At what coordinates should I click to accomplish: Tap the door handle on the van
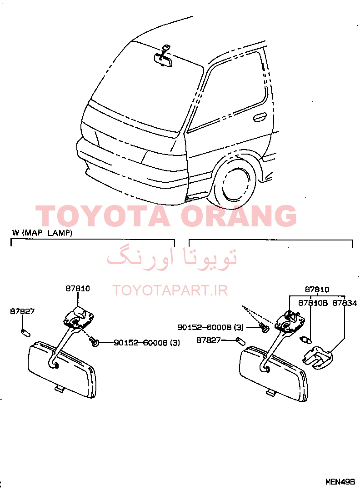[260, 117]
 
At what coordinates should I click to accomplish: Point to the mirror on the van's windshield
[163, 60]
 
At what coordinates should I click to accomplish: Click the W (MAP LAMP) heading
[43, 233]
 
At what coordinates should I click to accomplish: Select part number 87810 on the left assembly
[77, 289]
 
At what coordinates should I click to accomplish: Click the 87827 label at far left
[23, 311]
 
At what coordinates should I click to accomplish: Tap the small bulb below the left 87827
[25, 333]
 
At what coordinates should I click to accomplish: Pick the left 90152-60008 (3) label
[146, 343]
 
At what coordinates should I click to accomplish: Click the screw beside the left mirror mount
[94, 341]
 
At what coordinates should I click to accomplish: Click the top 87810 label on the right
[317, 290]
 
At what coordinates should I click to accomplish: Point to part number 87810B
[313, 303]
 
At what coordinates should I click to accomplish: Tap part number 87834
[345, 303]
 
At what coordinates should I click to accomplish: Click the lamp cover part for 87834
[317, 357]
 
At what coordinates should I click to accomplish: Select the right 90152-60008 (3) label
[210, 327]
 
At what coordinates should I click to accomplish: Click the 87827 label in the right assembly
[209, 340]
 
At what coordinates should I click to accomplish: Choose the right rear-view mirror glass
[273, 374]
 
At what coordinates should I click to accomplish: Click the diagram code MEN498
[340, 481]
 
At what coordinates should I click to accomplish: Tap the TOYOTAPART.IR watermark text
[170, 290]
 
